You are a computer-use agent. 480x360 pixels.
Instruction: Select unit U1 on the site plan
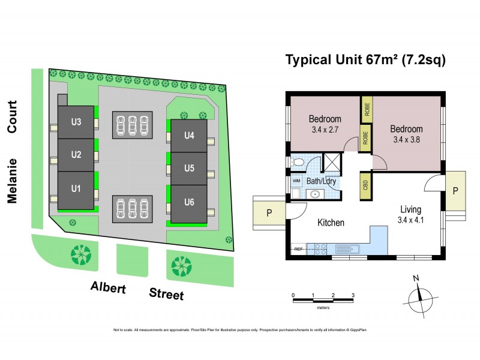(x=76, y=189)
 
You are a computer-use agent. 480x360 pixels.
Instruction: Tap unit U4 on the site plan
(x=189, y=135)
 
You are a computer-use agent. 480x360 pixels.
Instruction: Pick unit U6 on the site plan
(x=189, y=202)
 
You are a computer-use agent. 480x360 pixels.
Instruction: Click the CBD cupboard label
(x=365, y=183)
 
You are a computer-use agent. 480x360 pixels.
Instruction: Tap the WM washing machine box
(x=296, y=180)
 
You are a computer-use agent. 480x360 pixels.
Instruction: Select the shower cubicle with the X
(x=330, y=162)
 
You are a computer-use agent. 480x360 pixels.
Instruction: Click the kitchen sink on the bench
(x=346, y=248)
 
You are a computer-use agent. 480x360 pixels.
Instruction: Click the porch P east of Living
(x=455, y=190)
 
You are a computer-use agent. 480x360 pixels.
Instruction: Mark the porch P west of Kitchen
(x=269, y=213)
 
